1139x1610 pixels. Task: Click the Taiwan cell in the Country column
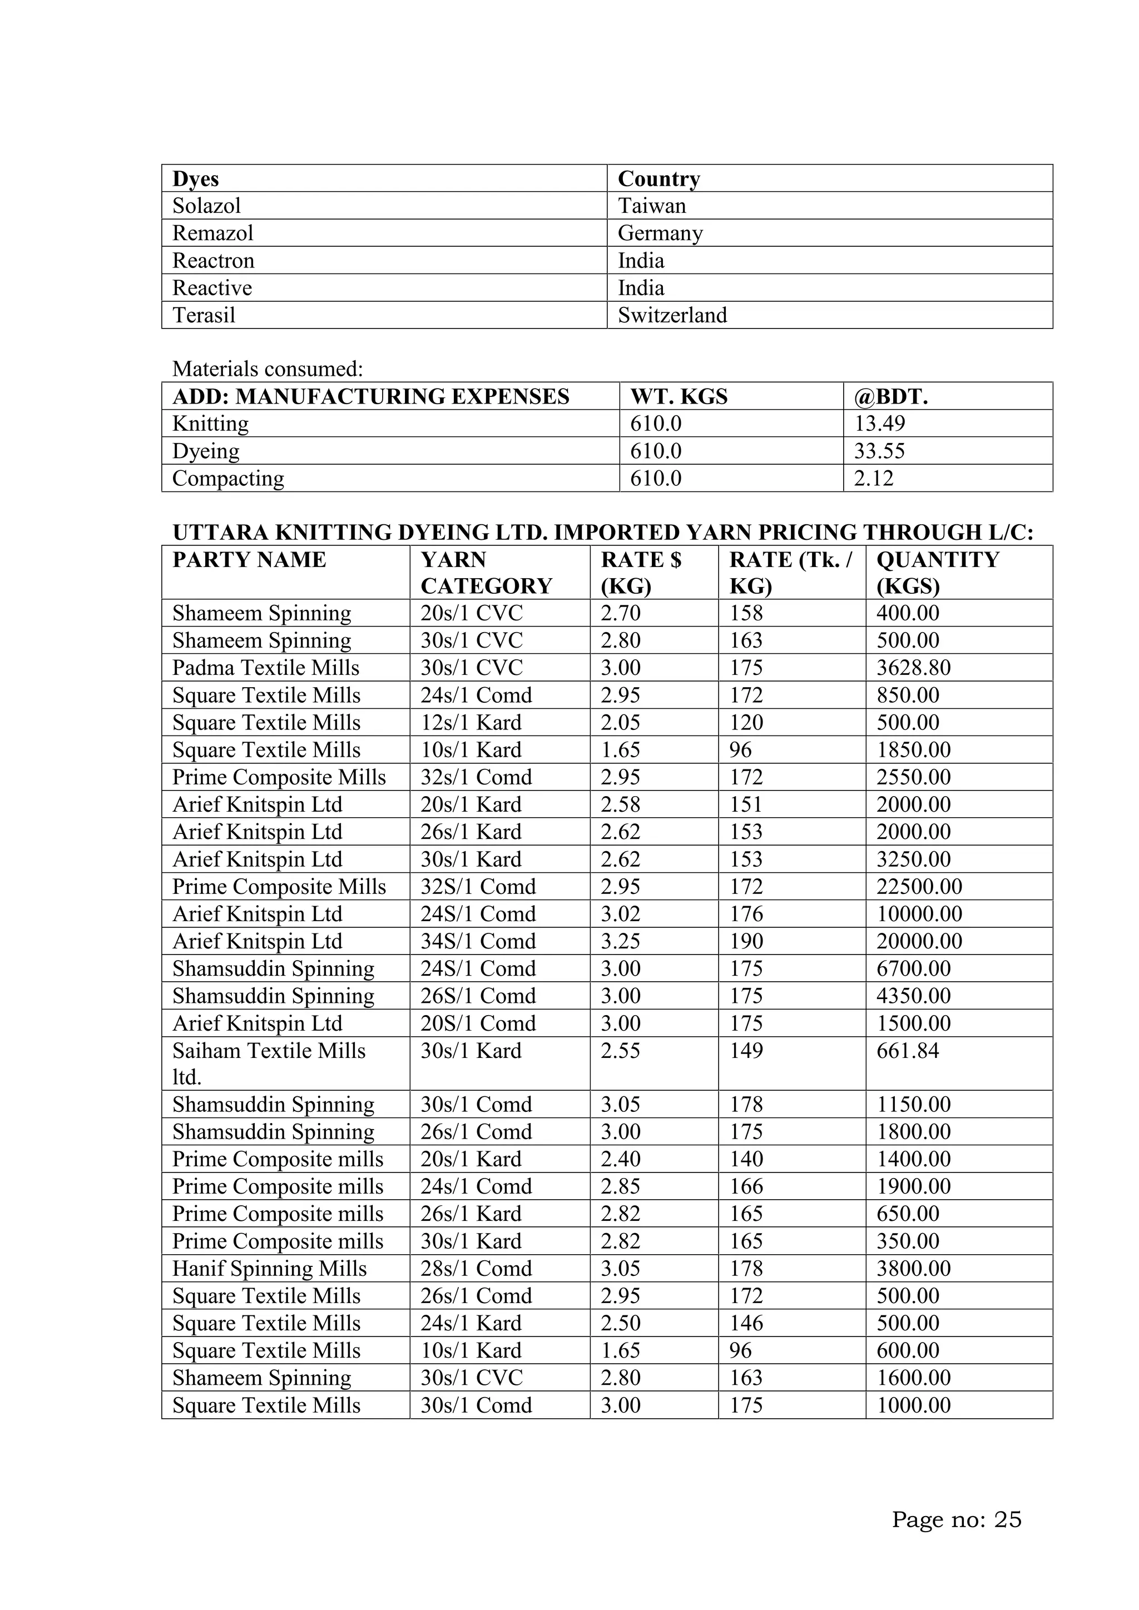point(652,206)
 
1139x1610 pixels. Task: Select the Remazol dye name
point(212,233)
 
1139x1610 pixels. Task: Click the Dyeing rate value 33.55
point(879,451)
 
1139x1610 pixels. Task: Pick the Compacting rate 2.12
point(873,478)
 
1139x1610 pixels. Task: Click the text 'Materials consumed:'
point(267,369)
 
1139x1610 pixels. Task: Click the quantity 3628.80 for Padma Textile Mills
point(913,668)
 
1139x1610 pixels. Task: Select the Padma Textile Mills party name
point(266,668)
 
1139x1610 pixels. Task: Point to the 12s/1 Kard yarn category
point(471,722)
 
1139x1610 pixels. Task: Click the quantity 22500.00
point(919,886)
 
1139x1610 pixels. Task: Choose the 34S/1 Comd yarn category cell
point(478,941)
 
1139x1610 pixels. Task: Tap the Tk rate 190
point(746,941)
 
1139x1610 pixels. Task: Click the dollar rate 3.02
point(620,914)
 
